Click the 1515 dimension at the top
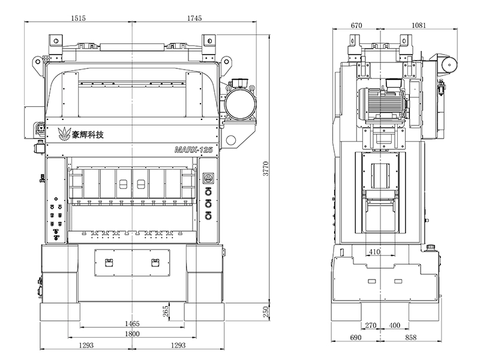(x=78, y=19)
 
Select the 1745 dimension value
(x=193, y=19)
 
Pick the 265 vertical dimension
(x=166, y=311)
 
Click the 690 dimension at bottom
(x=356, y=338)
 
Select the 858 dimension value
(x=411, y=338)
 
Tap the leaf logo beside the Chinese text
(x=62, y=134)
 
